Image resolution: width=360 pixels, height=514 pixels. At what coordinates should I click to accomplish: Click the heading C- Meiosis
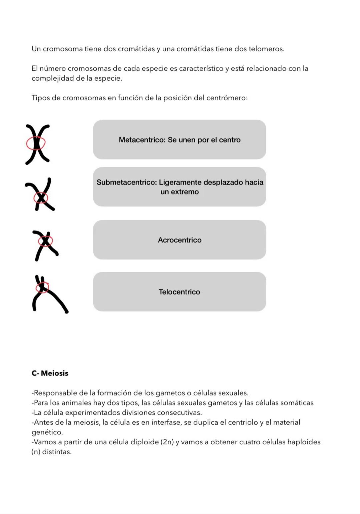(50, 373)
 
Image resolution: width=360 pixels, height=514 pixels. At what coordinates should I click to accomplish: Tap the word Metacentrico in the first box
(142, 140)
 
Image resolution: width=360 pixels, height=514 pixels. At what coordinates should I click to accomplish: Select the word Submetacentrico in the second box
(126, 182)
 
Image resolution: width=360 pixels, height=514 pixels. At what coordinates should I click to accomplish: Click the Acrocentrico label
(179, 240)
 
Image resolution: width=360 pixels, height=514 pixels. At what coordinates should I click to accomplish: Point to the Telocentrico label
(179, 292)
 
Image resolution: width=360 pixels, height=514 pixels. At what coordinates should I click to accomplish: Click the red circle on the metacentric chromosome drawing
(36, 143)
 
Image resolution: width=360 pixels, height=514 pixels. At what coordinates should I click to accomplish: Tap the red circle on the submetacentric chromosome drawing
(41, 198)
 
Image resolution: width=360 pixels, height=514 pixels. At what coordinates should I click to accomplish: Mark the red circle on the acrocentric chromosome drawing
(45, 241)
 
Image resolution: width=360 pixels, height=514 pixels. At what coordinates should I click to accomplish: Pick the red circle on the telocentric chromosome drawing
(42, 287)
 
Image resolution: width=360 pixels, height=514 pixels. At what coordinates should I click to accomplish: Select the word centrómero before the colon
(226, 98)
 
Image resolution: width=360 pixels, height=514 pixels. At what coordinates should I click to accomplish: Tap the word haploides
(304, 442)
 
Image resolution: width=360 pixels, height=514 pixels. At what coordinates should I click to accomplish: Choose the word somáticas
(297, 403)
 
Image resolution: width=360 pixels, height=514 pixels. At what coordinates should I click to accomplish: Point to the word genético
(47, 432)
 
